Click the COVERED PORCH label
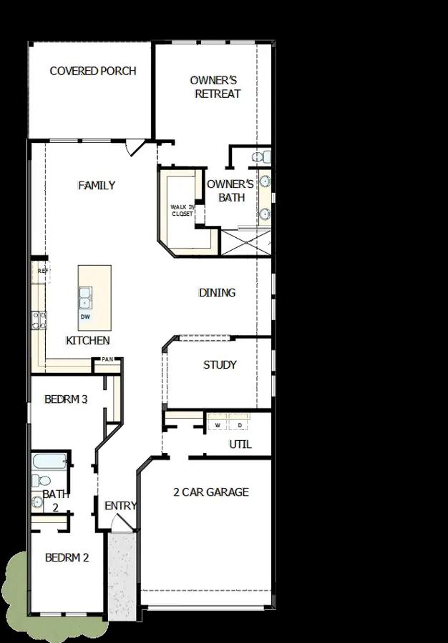[x=93, y=71]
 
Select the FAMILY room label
[x=97, y=185]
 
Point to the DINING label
[x=218, y=293]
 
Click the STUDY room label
[x=220, y=365]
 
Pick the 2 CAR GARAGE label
[x=211, y=492]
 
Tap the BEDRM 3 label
[x=66, y=399]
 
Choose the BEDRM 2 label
[x=67, y=558]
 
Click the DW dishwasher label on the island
[x=85, y=316]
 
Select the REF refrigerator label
[x=43, y=271]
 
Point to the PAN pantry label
[x=107, y=359]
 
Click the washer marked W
[x=218, y=422]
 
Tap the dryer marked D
[x=240, y=422]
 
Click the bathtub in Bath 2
[x=49, y=462]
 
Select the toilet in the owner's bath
[x=261, y=156]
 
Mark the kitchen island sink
[x=85, y=298]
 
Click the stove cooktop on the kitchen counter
[x=39, y=320]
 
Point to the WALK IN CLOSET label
[x=182, y=210]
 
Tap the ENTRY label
[x=120, y=506]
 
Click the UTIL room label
[x=240, y=444]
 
